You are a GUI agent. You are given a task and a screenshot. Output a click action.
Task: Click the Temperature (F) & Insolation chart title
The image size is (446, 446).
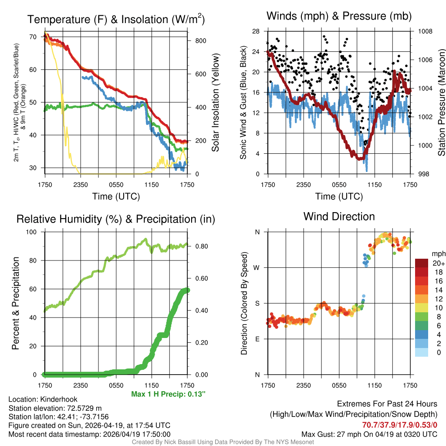(x=116, y=20)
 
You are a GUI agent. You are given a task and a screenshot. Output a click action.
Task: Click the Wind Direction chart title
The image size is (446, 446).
(x=339, y=216)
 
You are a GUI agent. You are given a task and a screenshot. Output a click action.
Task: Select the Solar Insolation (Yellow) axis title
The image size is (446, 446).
(x=216, y=102)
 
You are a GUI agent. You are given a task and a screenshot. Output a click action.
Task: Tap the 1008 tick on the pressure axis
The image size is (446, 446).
(x=426, y=31)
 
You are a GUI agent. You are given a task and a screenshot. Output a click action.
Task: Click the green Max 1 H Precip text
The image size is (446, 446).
(x=168, y=394)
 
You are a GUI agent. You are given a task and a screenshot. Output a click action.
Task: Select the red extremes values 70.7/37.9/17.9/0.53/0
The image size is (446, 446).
(x=399, y=425)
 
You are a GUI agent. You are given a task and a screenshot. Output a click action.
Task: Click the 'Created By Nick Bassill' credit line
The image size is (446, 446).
(x=223, y=442)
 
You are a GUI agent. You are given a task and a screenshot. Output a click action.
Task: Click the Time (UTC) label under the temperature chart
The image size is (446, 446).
(x=116, y=196)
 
